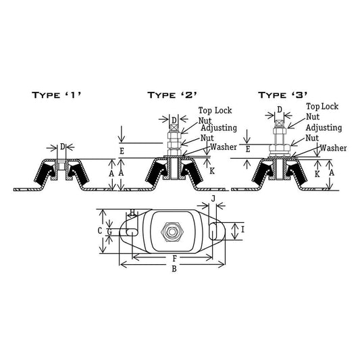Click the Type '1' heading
coord(56,95)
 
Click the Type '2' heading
coord(172,95)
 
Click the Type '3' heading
coord(282,95)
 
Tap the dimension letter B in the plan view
coord(174,269)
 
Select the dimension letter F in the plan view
coord(175,259)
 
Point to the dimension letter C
coord(99,230)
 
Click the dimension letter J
coord(213,199)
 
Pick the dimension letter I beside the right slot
coord(243,230)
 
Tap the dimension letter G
coord(109,232)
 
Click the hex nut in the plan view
coord(172,232)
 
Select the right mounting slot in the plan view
coord(213,231)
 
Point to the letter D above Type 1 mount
coord(63,147)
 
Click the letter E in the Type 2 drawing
coord(122,151)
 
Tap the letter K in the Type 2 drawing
coord(212,171)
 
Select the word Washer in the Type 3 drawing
coord(333,148)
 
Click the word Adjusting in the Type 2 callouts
coord(219,128)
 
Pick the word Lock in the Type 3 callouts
coord(330,107)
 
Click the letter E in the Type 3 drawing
coord(248,149)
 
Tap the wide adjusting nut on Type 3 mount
coord(280,149)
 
